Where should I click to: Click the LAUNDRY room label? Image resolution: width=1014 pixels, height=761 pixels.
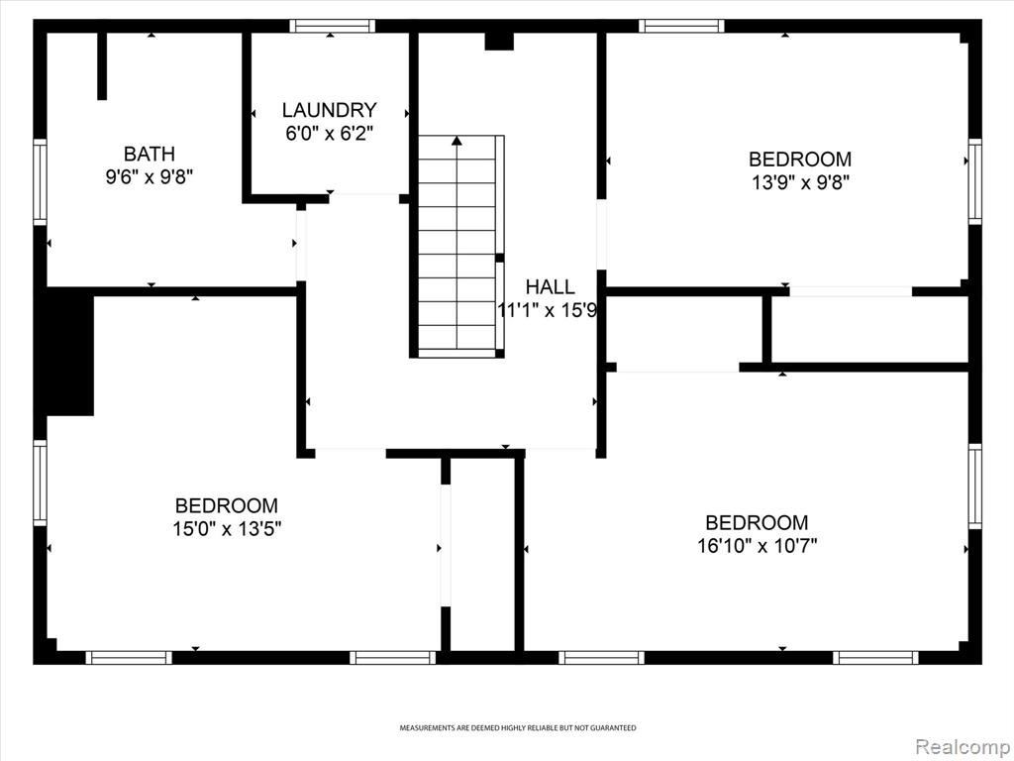329,110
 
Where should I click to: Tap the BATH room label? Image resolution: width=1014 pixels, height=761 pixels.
150,154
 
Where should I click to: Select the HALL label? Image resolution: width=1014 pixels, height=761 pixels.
550,286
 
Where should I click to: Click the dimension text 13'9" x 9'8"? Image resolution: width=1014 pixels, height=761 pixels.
800,182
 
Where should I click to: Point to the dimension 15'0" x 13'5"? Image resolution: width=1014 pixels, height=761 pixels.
227,529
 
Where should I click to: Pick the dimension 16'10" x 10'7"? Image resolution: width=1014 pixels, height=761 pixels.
757,546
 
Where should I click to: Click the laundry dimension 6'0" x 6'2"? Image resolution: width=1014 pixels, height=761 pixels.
329,134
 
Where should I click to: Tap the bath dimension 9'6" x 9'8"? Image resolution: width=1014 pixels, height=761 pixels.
150,176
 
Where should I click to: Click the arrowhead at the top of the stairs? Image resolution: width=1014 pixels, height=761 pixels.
457,141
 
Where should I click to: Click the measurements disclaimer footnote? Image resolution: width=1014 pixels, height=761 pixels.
517,728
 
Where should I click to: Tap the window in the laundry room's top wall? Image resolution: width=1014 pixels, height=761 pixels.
332,26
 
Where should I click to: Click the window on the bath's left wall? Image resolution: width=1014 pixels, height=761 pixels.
40,182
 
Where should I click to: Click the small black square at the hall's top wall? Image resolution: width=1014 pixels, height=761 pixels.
499,41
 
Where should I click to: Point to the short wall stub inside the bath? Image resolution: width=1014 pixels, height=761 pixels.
102,66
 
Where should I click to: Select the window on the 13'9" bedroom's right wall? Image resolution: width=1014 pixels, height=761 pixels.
974,181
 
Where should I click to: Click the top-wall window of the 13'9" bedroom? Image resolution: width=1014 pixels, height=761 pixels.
681,26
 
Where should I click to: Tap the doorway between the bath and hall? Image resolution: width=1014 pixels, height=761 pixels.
301,246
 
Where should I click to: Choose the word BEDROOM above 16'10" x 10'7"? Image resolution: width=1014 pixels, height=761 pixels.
757,523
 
